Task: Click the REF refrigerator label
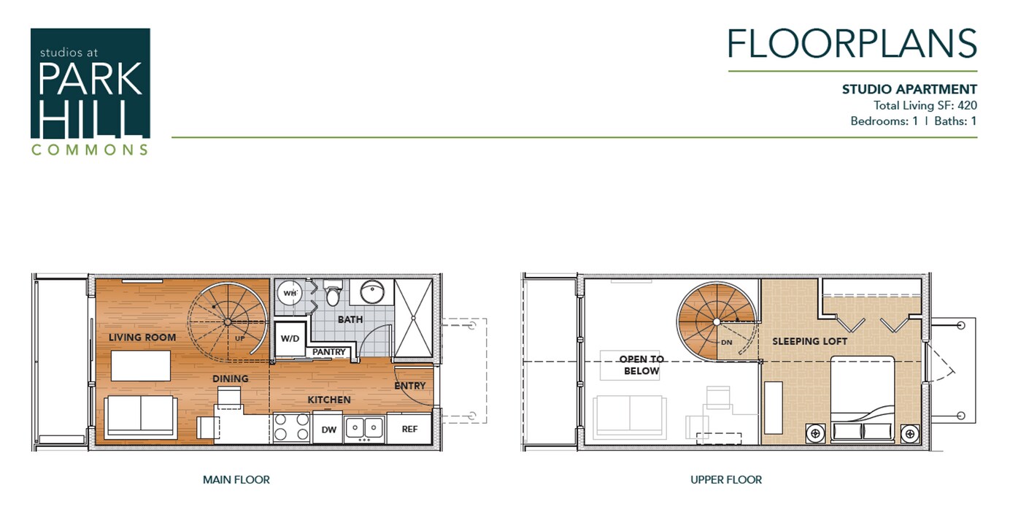pos(409,429)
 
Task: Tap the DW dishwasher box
pos(328,429)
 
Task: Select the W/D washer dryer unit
pos(289,339)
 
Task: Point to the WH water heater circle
pos(290,293)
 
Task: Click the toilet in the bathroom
pos(333,294)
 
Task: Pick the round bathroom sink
pos(372,292)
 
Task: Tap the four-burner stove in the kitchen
pos(292,427)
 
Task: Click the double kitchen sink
pos(364,427)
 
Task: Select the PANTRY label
pos(329,352)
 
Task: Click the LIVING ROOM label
pos(142,338)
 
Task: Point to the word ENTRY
pos(410,386)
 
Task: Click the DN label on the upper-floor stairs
pos(726,342)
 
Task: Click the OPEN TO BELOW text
pos(641,365)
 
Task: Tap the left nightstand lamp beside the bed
pos(815,433)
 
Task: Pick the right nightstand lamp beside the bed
pos(909,433)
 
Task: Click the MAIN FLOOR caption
pos(236,480)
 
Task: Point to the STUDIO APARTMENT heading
pos(909,89)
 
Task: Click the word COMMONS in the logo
pos(90,150)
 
